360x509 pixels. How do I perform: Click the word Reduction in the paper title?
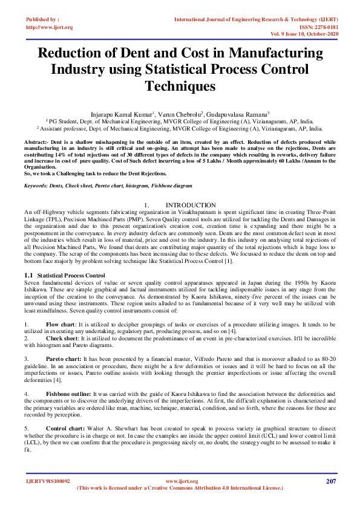point(71,53)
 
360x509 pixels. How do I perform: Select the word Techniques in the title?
point(180,86)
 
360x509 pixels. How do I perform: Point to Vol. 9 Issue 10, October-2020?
point(306,34)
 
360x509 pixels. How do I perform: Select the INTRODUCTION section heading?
point(191,206)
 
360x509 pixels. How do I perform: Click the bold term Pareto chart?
point(62,358)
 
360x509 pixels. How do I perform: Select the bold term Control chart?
point(63,427)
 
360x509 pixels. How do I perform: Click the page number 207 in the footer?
point(330,481)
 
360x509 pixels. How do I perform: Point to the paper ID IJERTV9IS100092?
point(48,482)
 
